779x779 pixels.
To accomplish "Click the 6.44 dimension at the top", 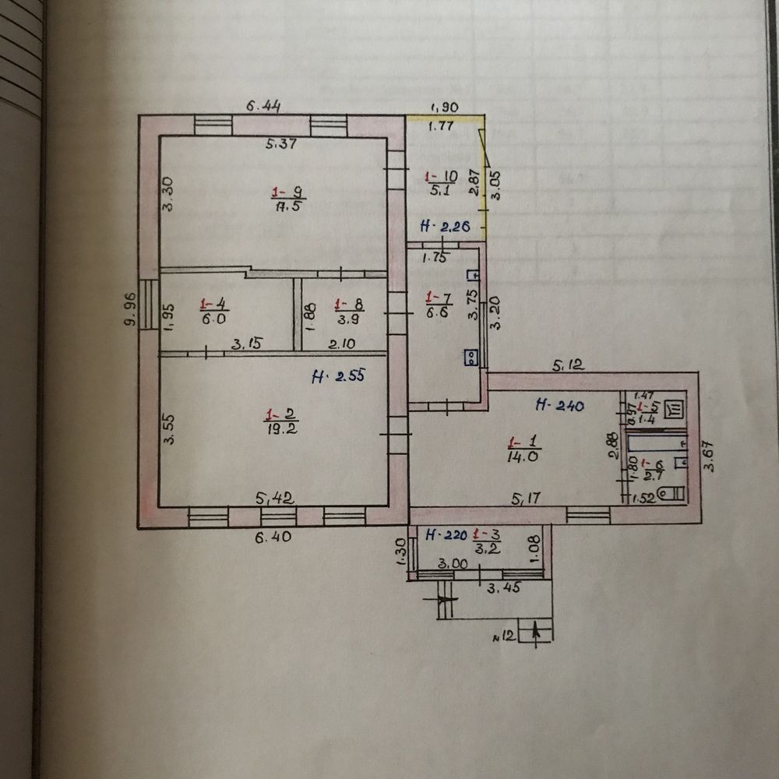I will (262, 104).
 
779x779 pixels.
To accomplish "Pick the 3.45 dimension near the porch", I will (502, 590).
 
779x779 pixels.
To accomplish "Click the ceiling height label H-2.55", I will (337, 377).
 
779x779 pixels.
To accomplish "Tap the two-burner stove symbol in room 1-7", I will (471, 358).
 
